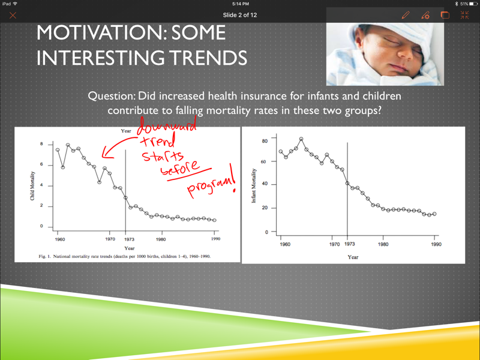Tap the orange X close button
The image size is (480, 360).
13,16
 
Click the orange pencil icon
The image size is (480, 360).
406,15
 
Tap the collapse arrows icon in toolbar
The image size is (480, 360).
464,15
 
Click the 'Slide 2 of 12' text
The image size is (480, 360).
239,15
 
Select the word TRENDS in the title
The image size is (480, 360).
208,58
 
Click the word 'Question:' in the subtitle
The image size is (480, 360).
112,96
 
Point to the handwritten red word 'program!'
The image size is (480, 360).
211,182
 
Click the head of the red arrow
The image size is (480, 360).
104,155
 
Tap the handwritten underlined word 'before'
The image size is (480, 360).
180,167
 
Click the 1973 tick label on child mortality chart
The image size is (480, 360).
129,239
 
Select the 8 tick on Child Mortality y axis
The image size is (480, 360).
41,144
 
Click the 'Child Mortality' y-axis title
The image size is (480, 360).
32,186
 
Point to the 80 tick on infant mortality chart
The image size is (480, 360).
265,141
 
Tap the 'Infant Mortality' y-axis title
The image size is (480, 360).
253,185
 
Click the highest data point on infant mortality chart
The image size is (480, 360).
301,139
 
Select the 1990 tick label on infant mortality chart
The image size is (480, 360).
436,244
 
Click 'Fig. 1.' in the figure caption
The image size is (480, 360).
44,256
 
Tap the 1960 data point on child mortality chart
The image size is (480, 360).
58,149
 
